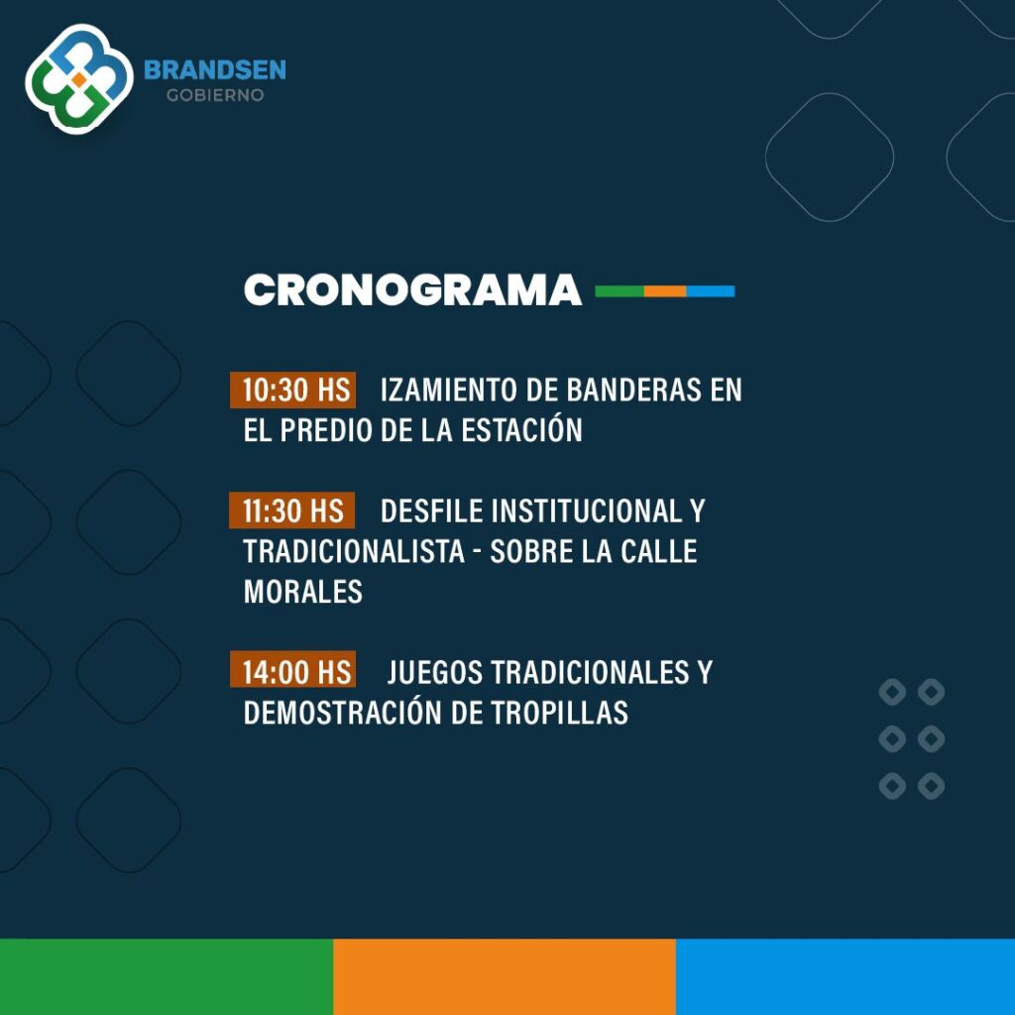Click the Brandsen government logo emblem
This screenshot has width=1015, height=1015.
tap(79, 79)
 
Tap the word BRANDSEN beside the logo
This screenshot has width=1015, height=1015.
tap(215, 70)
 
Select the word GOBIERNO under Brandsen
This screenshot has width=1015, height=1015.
tap(215, 95)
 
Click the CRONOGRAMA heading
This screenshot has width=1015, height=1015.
tap(412, 289)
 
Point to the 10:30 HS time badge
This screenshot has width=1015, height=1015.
tap(292, 391)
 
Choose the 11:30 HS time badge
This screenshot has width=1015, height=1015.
tap(292, 510)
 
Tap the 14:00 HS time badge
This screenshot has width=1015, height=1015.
tap(292, 669)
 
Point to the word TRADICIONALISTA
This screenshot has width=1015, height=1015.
tap(354, 551)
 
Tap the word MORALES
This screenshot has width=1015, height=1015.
tap(303, 592)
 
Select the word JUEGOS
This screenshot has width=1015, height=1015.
tap(435, 673)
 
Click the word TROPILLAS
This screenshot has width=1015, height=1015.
tap(559, 713)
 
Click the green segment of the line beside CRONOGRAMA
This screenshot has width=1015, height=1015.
tap(620, 291)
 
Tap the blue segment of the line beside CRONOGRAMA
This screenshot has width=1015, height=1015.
tap(711, 291)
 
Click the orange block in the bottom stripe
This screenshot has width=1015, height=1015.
tap(505, 976)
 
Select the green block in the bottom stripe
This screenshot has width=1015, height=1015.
tap(167, 976)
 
